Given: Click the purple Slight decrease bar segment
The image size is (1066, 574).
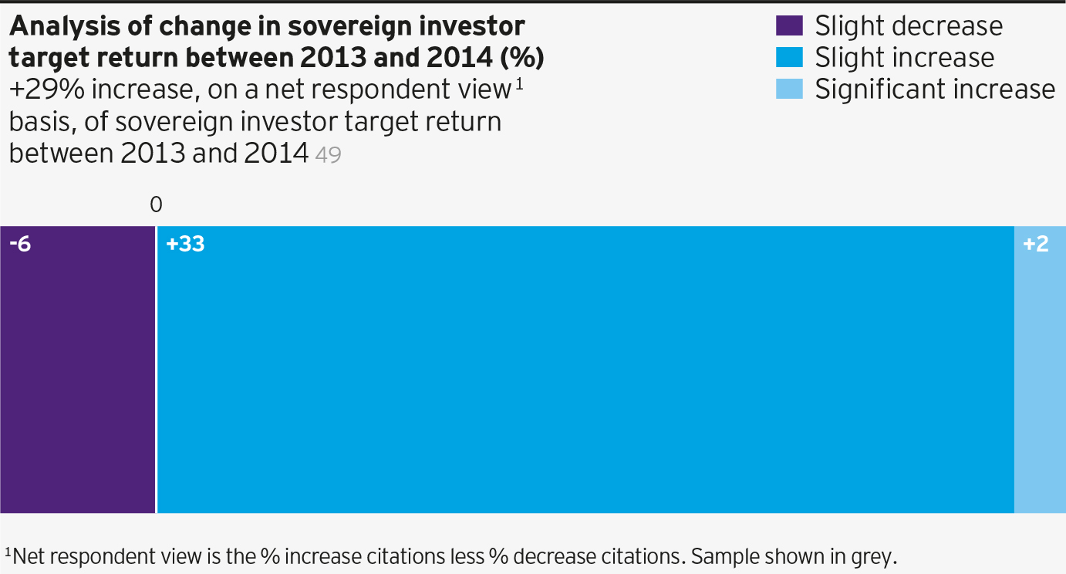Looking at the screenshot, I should click(77, 370).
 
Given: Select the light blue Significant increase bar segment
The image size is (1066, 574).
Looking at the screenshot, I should click(1040, 370).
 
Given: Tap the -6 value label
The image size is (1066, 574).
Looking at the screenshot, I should click(21, 245).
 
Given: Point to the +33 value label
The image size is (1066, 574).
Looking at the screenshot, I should click(185, 245).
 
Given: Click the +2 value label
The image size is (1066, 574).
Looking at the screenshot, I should click(1035, 245).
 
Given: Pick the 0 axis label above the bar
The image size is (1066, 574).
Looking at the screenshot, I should click(156, 204).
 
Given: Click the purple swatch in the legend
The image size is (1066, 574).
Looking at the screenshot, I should click(789, 25).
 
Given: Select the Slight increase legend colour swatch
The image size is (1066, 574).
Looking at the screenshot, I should click(789, 57).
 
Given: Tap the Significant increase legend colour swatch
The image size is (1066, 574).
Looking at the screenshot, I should click(789, 89).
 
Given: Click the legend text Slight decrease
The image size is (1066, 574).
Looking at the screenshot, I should click(909, 26).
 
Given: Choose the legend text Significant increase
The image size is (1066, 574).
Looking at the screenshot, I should click(935, 89).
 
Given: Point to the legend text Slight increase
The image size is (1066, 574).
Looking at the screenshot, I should click(904, 58).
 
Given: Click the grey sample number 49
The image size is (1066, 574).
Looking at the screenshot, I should click(329, 155).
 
